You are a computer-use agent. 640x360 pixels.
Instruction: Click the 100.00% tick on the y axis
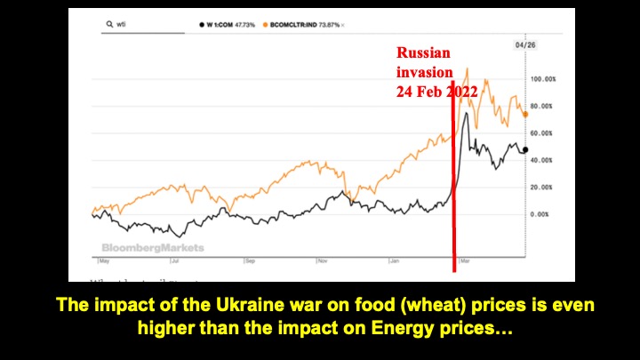pos(544,79)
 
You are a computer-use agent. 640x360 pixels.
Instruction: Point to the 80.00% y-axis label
pos(544,106)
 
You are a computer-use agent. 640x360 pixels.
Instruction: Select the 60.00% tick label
pos(544,133)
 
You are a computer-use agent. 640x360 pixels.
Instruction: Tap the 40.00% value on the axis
pos(544,160)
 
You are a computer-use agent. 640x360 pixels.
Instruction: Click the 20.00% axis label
pos(544,188)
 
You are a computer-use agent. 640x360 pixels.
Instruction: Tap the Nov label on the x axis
pos(324,261)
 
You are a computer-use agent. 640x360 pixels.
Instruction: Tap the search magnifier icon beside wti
pos(108,24)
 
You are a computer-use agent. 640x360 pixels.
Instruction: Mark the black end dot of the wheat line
pos(525,149)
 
